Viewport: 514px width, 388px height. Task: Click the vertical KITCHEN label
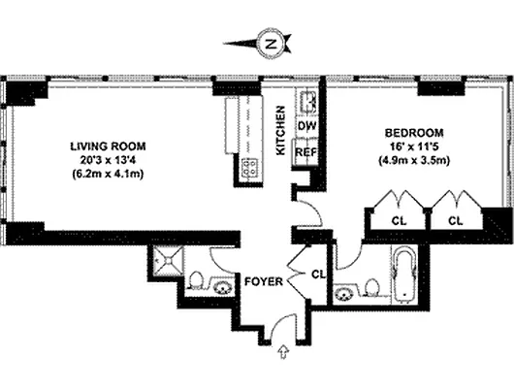(281, 130)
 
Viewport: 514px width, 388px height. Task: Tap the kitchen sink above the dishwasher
(305, 101)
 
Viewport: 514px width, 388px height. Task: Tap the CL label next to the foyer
(316, 273)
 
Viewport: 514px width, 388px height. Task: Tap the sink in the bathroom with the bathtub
(345, 290)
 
